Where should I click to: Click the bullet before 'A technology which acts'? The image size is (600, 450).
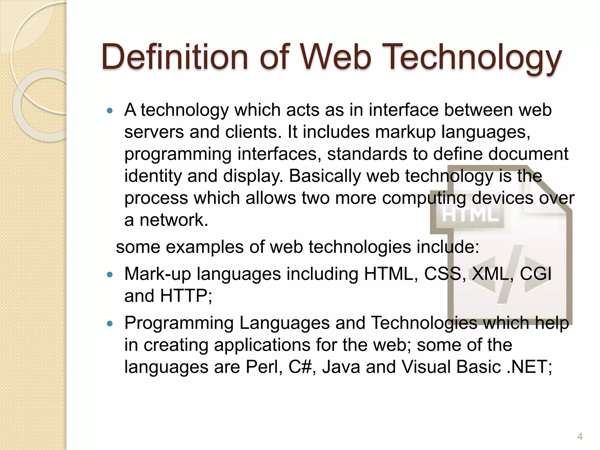click(x=110, y=111)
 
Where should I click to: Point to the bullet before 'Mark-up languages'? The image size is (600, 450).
click(x=110, y=275)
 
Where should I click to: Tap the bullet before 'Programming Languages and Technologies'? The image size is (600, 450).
click(x=110, y=324)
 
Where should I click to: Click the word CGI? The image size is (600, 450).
click(x=536, y=274)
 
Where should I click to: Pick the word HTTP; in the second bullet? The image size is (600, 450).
click(x=186, y=296)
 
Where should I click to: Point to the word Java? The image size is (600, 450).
click(x=341, y=367)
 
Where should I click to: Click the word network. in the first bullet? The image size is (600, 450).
click(x=174, y=220)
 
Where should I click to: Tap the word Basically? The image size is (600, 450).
click(x=325, y=176)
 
